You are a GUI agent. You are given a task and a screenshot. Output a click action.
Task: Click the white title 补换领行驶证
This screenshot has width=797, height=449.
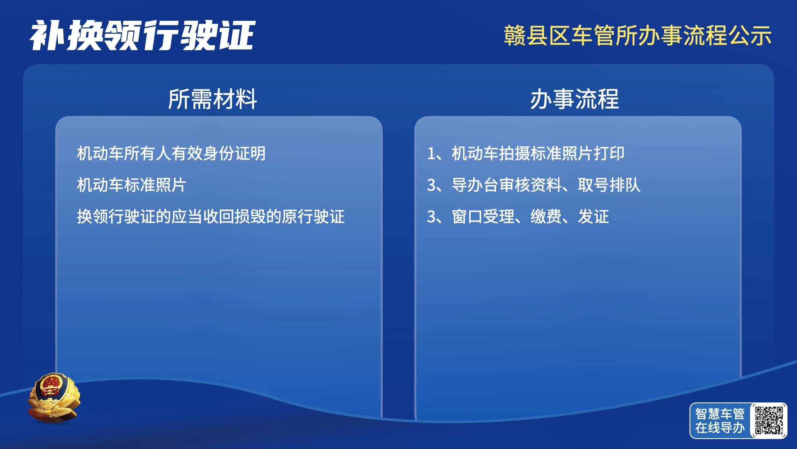coord(142,35)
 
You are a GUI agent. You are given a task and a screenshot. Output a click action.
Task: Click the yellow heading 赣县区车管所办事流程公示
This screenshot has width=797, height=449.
coord(638,35)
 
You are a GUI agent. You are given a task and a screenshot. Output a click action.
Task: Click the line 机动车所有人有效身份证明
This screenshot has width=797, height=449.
coord(171,153)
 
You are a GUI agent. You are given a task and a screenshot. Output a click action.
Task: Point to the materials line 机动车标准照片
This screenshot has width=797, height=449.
coord(132,185)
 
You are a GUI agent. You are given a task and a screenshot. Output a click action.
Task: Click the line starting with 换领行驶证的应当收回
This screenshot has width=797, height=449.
coord(211,217)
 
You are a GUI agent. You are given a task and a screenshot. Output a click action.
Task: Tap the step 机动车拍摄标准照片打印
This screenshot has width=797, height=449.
coord(538,153)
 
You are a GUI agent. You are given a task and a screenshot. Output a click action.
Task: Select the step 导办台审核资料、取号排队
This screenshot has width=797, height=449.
coord(546,185)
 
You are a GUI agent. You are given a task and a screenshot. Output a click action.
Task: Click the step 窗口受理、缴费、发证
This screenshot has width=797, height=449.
coord(530,217)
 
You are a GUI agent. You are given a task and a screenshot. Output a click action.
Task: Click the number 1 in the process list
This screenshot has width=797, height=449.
coord(431,154)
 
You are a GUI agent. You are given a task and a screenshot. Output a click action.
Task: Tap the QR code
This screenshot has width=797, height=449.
coord(769,420)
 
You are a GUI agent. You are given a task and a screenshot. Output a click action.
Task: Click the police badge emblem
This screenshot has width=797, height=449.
coord(54,397)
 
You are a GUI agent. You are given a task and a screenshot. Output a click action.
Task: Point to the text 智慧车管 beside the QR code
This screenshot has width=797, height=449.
coord(720,414)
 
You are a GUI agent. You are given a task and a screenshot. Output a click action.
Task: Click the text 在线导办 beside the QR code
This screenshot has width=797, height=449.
coord(720,428)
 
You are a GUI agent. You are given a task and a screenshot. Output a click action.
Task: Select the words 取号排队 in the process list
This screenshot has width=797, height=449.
coord(609,185)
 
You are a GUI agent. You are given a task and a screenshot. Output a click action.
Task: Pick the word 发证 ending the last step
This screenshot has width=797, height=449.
coord(593,217)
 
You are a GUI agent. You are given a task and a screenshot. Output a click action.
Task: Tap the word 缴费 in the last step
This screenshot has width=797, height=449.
coord(546,217)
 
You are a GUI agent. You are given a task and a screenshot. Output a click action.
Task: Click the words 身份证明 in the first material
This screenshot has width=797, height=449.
coord(234,153)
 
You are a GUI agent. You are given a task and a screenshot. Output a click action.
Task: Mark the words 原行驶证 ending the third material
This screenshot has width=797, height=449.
coord(313,217)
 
